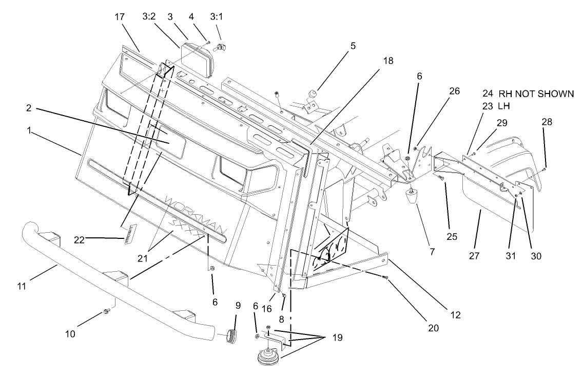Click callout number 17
[x=120, y=17]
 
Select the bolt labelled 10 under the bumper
[x=106, y=311]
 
